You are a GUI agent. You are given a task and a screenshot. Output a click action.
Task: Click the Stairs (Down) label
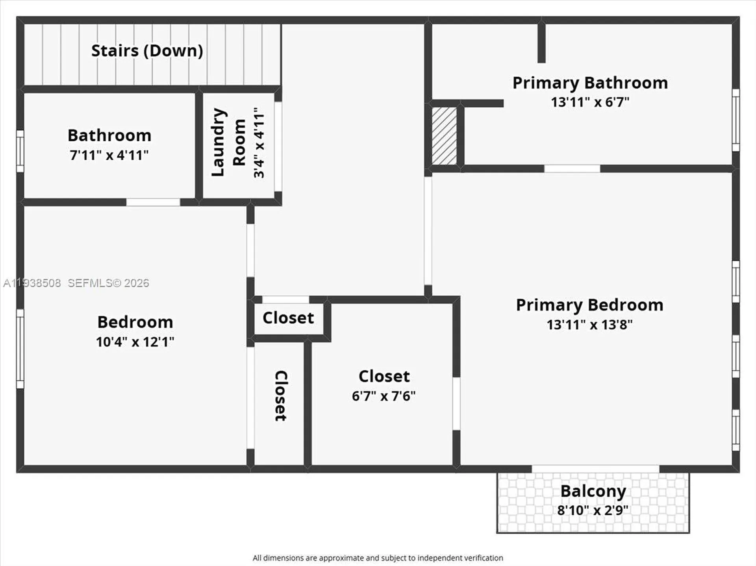coord(147,51)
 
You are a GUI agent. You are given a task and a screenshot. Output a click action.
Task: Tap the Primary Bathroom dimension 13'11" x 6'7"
coord(590,102)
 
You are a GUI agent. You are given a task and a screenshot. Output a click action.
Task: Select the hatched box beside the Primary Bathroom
coord(444,136)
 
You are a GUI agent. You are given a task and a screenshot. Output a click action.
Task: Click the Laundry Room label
coord(228,142)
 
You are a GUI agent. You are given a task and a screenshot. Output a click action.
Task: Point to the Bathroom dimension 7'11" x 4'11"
coord(109,155)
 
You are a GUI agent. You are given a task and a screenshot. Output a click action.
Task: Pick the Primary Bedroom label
coord(589,305)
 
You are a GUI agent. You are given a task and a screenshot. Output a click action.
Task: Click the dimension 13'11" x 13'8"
coord(589,325)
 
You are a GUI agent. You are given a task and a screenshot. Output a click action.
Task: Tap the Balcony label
coord(593,491)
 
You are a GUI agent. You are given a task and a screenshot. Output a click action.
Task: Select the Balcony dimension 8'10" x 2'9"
coord(593,511)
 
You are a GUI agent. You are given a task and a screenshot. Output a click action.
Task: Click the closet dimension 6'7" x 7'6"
coord(384,396)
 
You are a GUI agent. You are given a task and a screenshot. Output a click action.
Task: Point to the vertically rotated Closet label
coord(281,396)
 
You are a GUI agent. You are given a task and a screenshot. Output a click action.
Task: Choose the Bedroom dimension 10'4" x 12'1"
coord(135,342)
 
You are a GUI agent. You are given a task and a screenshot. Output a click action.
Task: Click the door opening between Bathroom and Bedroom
coord(153,202)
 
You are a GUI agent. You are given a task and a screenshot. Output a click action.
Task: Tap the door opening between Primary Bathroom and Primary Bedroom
coord(572,169)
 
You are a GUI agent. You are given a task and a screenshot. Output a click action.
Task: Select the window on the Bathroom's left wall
coord(20,151)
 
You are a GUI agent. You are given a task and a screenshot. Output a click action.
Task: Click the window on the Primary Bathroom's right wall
coord(736,120)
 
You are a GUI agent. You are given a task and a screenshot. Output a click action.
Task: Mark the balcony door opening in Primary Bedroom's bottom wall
coord(595,469)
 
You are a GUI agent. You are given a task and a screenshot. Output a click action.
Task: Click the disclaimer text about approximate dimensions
coord(378,558)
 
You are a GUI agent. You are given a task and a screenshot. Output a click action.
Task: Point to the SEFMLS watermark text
coord(108,283)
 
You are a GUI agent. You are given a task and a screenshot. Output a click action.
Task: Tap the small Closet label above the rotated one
coord(288,318)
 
